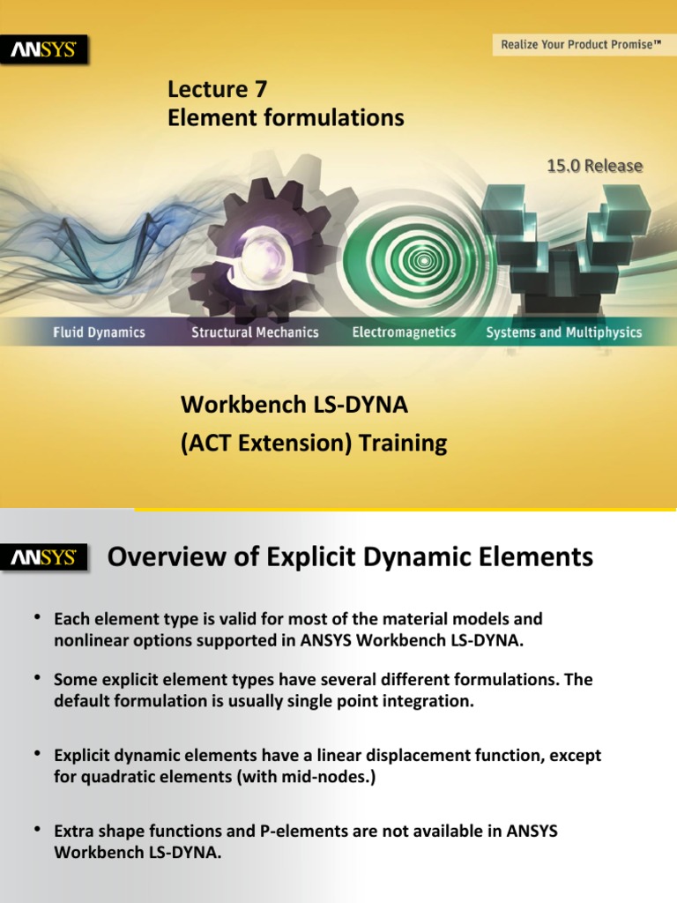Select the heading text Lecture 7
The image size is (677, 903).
point(218,89)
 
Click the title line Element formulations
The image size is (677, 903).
point(286,117)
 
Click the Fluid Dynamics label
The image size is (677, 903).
point(98,332)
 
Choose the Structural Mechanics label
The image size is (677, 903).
point(256,332)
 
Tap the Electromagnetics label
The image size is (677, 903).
point(404,332)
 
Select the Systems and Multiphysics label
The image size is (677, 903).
point(564,332)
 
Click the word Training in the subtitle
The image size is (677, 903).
point(406,443)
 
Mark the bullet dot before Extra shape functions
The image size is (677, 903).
point(38,829)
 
